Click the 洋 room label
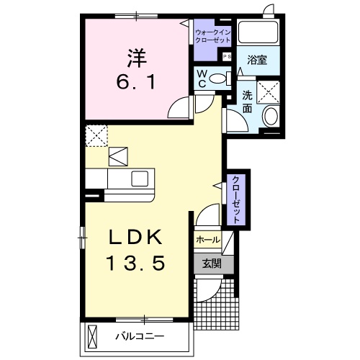pyautogui.click(x=137, y=58)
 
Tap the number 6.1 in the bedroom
pyautogui.click(x=136, y=82)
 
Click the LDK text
pyautogui.click(x=135, y=237)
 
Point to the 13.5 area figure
pyautogui.click(x=135, y=263)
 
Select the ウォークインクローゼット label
pyautogui.click(x=212, y=36)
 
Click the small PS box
pyautogui.click(x=227, y=57)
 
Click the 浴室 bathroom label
pyautogui.click(x=257, y=60)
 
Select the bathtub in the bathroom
pyautogui.click(x=258, y=32)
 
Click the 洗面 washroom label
pyautogui.click(x=247, y=102)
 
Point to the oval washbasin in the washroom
pyautogui.click(x=271, y=116)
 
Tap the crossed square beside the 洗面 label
pyautogui.click(x=269, y=92)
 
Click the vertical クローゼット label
pyautogui.click(x=236, y=199)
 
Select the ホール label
pyautogui.click(x=208, y=240)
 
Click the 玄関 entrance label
pyautogui.click(x=212, y=264)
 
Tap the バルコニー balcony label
pyautogui.click(x=140, y=336)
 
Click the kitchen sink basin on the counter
pyautogui.click(x=140, y=179)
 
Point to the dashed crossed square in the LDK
pyautogui.click(x=96, y=136)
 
